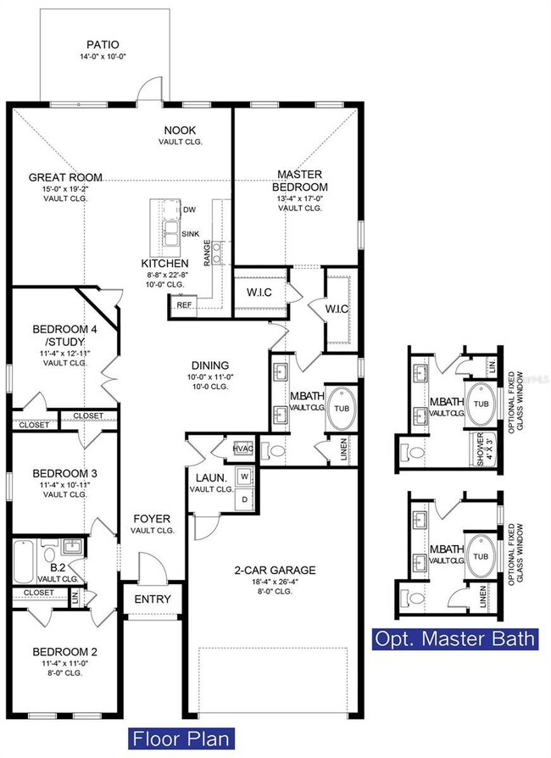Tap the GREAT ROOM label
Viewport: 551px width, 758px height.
point(65,177)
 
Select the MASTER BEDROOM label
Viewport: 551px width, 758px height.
point(299,181)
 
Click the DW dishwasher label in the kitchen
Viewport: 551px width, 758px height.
point(189,209)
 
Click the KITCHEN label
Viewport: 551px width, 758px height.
point(164,264)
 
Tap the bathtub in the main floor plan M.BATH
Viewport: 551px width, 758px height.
point(341,408)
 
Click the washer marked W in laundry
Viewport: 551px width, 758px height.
point(245,476)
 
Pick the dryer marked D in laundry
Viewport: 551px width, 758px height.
point(245,499)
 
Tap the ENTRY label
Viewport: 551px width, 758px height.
point(153,599)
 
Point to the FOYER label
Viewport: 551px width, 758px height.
point(152,518)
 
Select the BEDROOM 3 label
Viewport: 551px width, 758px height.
point(65,473)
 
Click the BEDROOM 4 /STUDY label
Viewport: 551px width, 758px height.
point(65,336)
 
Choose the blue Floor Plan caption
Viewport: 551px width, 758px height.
point(181,738)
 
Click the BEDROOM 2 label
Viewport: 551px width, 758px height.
point(65,652)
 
